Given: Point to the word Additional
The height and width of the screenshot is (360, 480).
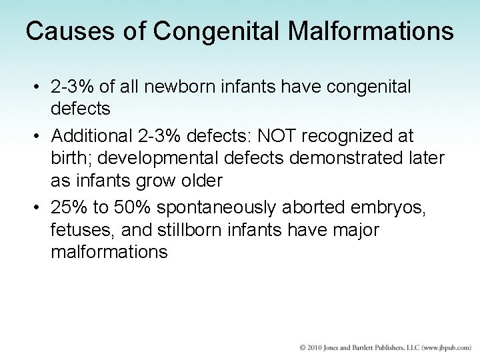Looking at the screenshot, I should click(x=90, y=137).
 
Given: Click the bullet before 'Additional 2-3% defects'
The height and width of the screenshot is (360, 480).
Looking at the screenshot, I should click(x=39, y=137).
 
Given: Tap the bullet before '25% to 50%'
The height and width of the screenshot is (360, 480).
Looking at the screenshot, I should click(x=39, y=207).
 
